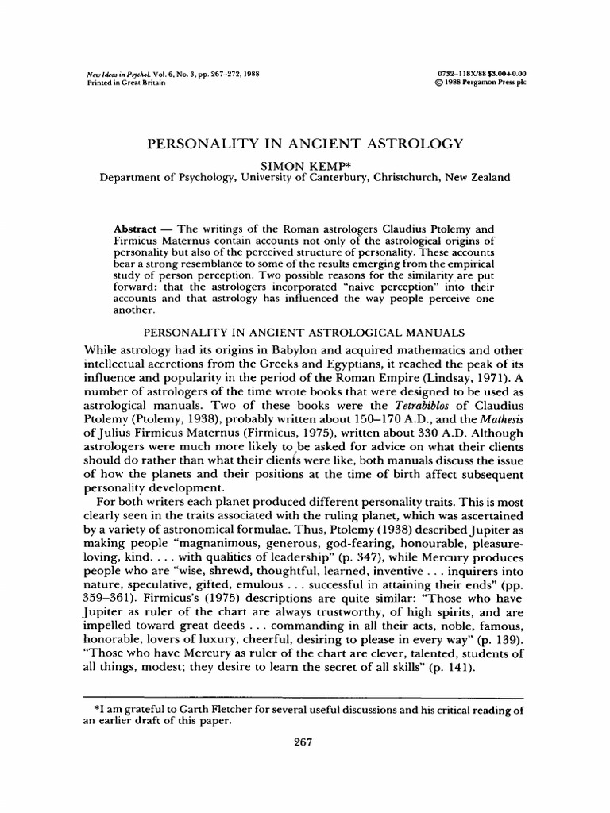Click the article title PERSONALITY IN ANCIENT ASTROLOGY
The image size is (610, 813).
tap(304, 144)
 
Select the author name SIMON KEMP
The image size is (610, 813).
tap(304, 164)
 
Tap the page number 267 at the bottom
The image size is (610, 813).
tap(304, 742)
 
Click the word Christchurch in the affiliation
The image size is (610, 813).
tap(410, 179)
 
